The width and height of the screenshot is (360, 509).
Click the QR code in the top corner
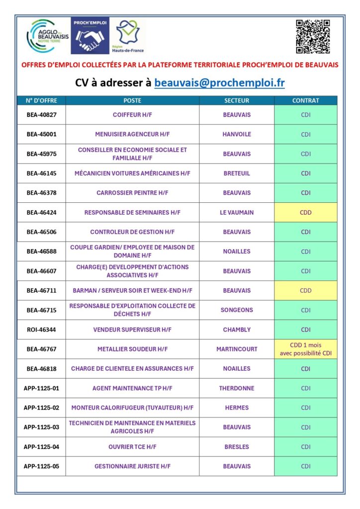pyautogui.click(x=313, y=37)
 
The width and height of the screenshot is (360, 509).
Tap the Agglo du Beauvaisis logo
pyautogui.click(x=48, y=36)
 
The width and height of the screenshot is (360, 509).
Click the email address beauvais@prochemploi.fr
pyautogui.click(x=219, y=83)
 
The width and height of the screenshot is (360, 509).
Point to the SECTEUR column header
pyautogui.click(x=237, y=100)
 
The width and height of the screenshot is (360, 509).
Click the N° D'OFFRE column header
pyautogui.click(x=42, y=100)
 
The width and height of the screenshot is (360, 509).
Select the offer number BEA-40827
pyautogui.click(x=42, y=115)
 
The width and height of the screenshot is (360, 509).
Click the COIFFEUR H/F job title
pyautogui.click(x=132, y=115)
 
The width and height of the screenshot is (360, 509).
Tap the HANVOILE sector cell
pyautogui.click(x=237, y=134)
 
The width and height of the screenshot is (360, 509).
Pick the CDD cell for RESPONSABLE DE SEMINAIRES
pyautogui.click(x=305, y=212)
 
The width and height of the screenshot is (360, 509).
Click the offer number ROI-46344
pyautogui.click(x=42, y=330)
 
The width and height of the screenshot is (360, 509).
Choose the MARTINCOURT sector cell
pyautogui.click(x=237, y=349)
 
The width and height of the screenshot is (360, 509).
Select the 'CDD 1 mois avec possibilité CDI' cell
pyautogui.click(x=305, y=349)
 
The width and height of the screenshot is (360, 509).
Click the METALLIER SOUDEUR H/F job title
pyautogui.click(x=132, y=349)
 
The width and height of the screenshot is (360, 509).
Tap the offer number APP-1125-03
pyautogui.click(x=41, y=427)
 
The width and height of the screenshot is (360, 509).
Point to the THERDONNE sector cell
pyautogui.click(x=237, y=388)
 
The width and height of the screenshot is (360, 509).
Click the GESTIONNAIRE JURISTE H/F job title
pyautogui.click(x=132, y=466)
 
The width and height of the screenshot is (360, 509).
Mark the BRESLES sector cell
pyautogui.click(x=237, y=447)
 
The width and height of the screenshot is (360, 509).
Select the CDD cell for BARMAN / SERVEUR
pyautogui.click(x=305, y=290)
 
